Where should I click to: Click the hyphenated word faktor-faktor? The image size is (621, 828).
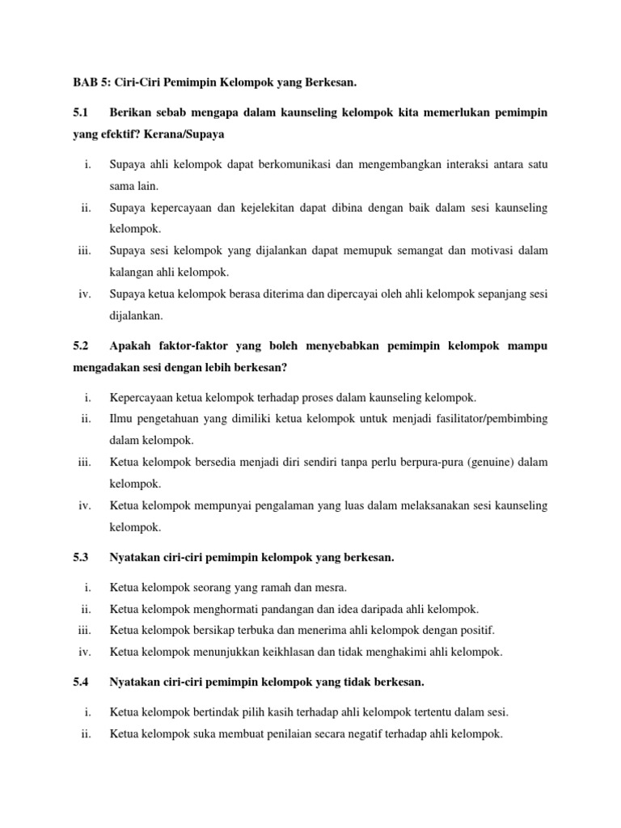coord(194,346)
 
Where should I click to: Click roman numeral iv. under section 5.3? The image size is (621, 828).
coord(84,652)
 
